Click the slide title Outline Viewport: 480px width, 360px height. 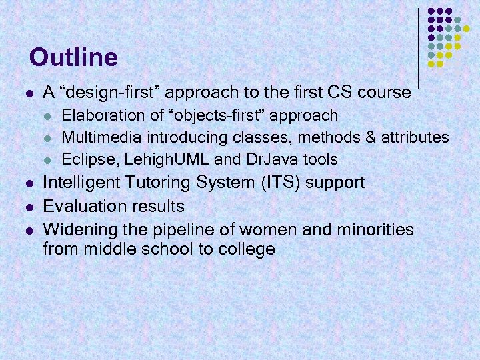(x=73, y=57)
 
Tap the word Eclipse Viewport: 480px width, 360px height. (x=83, y=159)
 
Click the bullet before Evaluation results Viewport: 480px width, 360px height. (x=27, y=207)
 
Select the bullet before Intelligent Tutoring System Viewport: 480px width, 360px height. (x=27, y=183)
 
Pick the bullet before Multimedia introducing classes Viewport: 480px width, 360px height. (x=47, y=138)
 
